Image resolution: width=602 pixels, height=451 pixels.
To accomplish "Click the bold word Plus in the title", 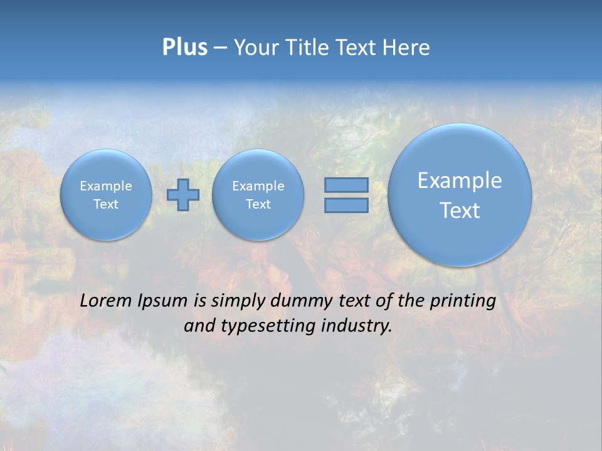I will (x=184, y=48).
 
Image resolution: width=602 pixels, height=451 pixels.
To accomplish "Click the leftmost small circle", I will (x=106, y=195).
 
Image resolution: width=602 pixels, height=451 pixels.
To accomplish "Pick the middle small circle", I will (x=258, y=195).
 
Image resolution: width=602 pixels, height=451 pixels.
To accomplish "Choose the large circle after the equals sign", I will (x=460, y=195).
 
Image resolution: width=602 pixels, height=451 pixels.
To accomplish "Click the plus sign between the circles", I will (x=183, y=195).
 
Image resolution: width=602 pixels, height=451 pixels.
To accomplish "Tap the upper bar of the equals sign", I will (x=346, y=185).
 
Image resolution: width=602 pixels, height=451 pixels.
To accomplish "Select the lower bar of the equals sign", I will (x=346, y=205).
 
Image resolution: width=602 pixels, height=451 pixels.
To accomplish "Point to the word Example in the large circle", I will (x=460, y=180).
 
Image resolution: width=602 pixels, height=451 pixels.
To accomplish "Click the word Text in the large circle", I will (x=460, y=210).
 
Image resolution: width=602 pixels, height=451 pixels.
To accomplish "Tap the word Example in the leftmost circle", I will (x=106, y=186).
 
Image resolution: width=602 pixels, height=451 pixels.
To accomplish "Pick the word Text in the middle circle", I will (x=258, y=204).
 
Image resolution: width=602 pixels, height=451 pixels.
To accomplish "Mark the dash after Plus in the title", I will (x=220, y=48).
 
